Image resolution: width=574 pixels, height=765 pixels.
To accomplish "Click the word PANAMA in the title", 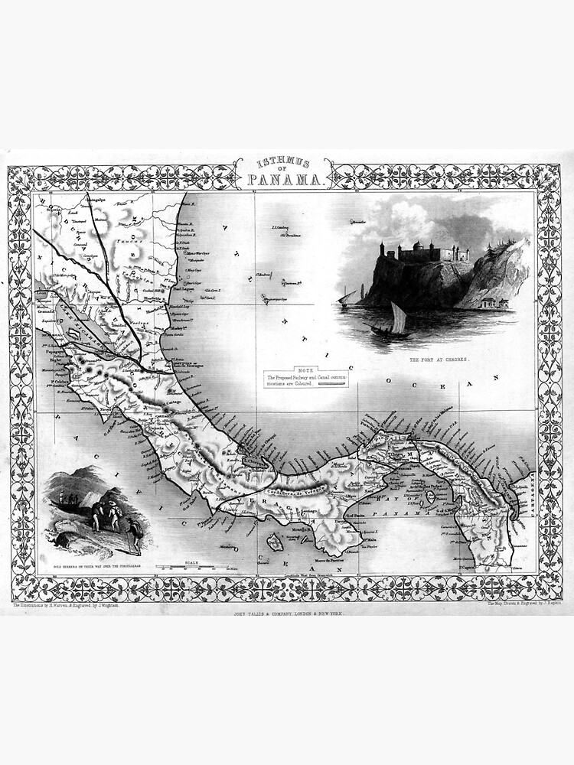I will (282, 181).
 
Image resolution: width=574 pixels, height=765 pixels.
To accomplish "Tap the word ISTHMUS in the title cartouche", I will (283, 163).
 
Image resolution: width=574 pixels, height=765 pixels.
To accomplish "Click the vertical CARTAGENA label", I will (526, 494).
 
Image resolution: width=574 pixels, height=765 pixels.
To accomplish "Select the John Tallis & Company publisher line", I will (287, 614).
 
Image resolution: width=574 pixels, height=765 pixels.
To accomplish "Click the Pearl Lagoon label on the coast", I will (184, 289).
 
